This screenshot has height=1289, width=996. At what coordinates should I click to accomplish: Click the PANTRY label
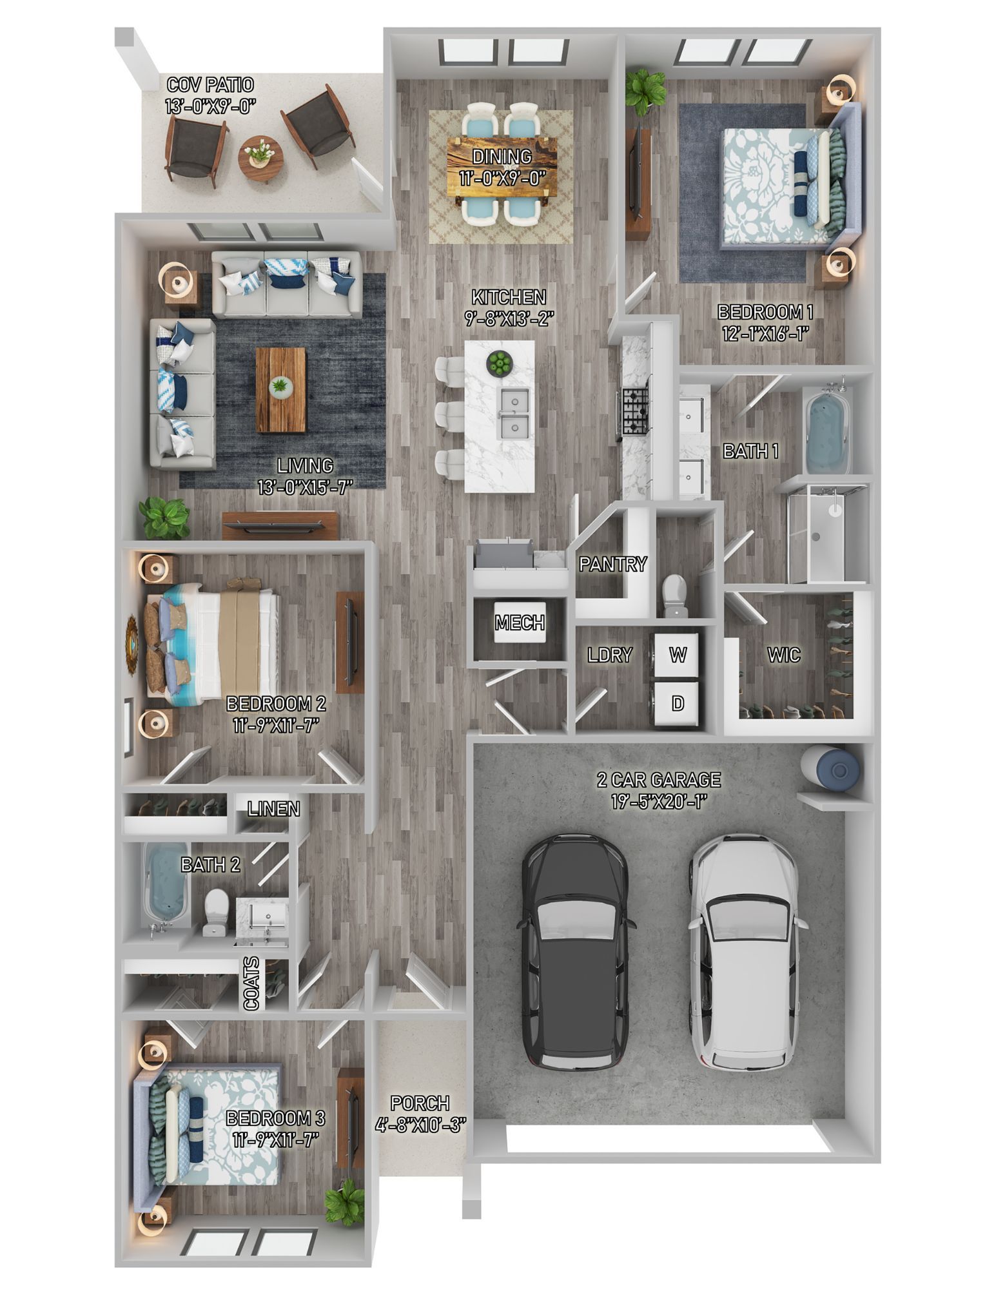(612, 565)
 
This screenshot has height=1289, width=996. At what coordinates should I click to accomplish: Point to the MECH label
(520, 623)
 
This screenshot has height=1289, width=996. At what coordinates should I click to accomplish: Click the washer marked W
(678, 655)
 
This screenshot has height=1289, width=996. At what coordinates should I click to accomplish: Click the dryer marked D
(678, 703)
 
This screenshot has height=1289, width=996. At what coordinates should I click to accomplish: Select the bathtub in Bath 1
(828, 429)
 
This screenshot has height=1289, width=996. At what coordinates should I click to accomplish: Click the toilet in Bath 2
(215, 911)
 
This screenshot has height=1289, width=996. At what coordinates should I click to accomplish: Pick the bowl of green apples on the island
(498, 363)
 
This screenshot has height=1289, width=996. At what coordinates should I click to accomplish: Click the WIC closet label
(783, 655)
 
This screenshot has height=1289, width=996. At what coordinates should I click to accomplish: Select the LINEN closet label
(274, 809)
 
